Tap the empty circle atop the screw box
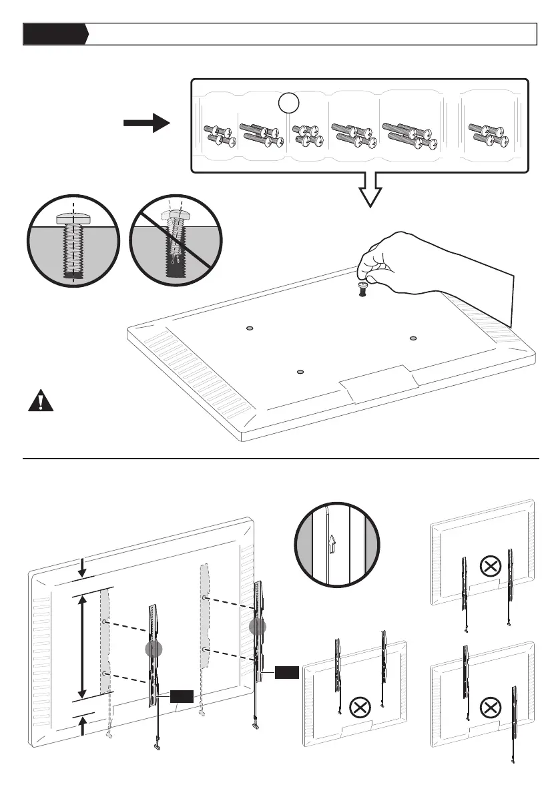[x=288, y=103]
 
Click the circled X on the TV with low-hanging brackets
[x=491, y=567]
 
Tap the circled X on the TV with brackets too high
[x=361, y=707]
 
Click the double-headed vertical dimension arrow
[x=82, y=646]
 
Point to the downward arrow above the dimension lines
[x=82, y=568]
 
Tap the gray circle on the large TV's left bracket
[x=154, y=649]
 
